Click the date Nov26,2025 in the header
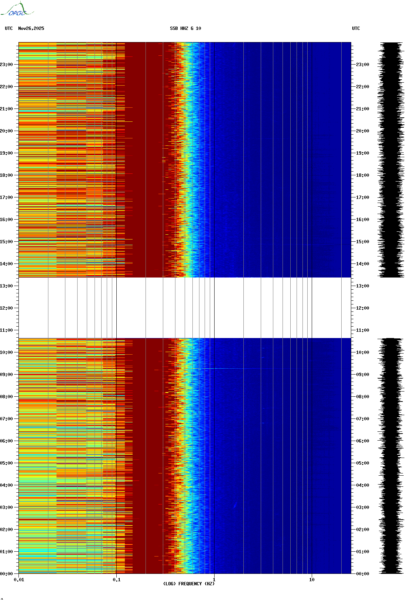(x=31, y=28)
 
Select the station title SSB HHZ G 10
(x=185, y=28)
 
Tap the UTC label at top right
(x=356, y=28)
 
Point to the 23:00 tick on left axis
(x=7, y=65)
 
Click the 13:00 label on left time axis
(x=7, y=286)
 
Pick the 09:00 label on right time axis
(x=362, y=375)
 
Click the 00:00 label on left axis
(x=7, y=574)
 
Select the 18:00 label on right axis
(x=362, y=175)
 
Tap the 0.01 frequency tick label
(x=19, y=580)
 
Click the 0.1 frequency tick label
(x=116, y=580)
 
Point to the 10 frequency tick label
(x=312, y=580)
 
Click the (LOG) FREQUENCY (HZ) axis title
(x=189, y=584)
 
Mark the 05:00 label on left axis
(x=7, y=463)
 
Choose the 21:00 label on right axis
(x=362, y=109)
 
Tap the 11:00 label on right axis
(x=362, y=330)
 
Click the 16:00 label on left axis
(x=7, y=220)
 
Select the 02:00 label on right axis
(x=362, y=530)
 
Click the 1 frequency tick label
(x=214, y=580)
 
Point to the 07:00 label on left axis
(x=7, y=419)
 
